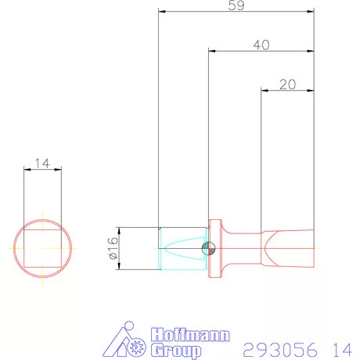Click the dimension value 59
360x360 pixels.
point(236,5)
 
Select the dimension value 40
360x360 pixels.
point(261,45)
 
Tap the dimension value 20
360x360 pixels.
point(286,85)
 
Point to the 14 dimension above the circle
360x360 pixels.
point(42,164)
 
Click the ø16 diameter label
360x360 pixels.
point(110,249)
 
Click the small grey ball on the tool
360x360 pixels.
point(207,249)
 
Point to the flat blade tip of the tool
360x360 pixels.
point(290,249)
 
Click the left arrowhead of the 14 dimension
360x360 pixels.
point(27,171)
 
